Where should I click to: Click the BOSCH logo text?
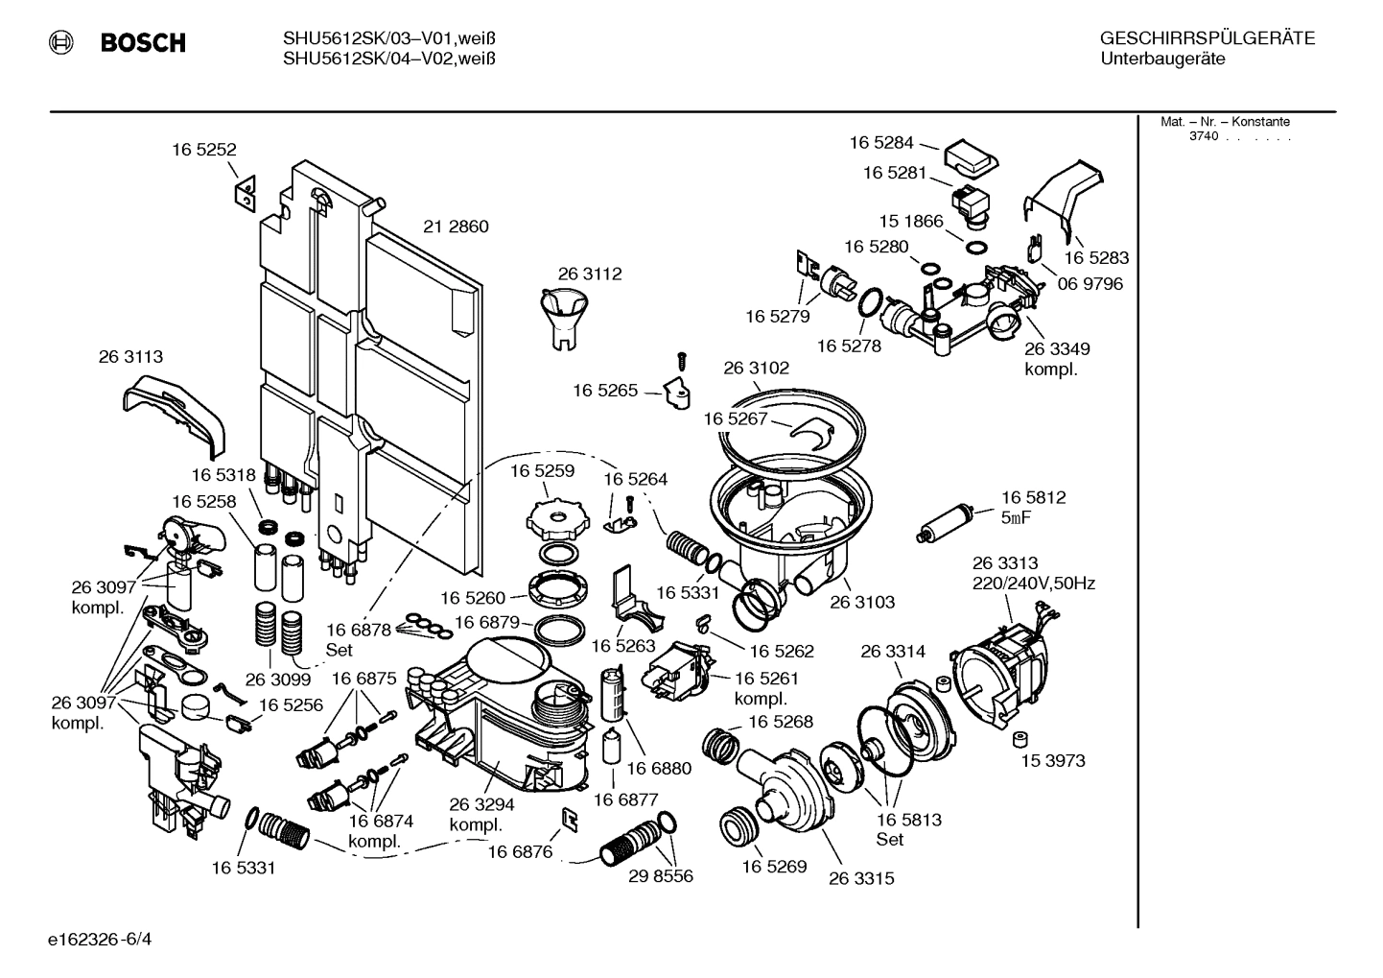[x=143, y=42]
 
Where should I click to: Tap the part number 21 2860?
[x=456, y=227]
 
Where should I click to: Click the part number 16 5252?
[x=203, y=150]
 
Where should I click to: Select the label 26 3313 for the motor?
[x=1004, y=563]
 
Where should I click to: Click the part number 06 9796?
[x=1090, y=284]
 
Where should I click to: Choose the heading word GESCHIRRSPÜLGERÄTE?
[x=1207, y=39]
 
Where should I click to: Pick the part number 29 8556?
[x=661, y=876]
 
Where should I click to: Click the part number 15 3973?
[x=1052, y=761]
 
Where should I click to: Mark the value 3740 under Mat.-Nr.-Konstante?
[x=1204, y=136]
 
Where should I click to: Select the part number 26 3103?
[x=862, y=602]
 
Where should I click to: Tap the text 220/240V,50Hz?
[x=1034, y=583]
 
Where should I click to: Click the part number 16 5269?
[x=774, y=867]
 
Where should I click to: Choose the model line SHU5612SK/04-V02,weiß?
[x=388, y=59]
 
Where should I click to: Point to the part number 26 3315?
[x=861, y=878]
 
